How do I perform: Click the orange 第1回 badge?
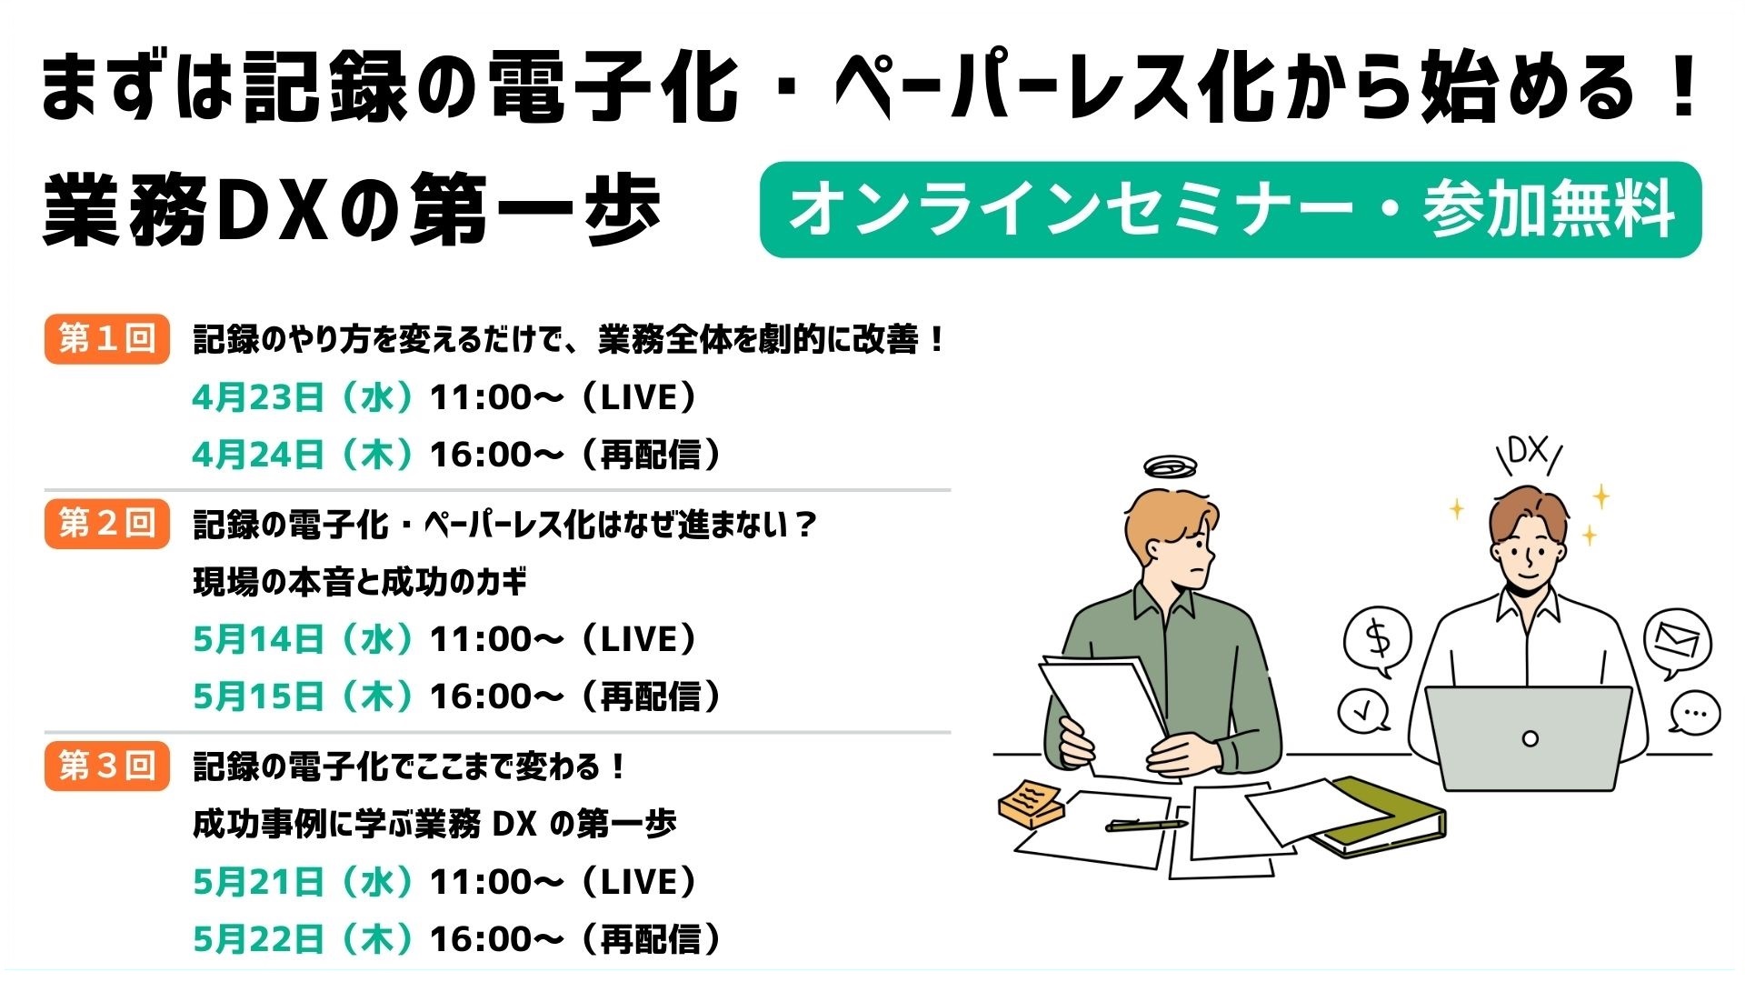tap(107, 339)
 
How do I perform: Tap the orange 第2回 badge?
tap(107, 524)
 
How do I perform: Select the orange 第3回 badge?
tap(107, 767)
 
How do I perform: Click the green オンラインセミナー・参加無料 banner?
tap(1231, 210)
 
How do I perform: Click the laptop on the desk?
tap(1529, 737)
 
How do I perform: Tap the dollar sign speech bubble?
tap(1378, 641)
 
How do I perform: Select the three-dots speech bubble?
tap(1694, 713)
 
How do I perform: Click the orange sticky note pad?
tap(1032, 802)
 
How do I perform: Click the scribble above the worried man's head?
tap(1171, 467)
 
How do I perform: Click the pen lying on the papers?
tap(1146, 825)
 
